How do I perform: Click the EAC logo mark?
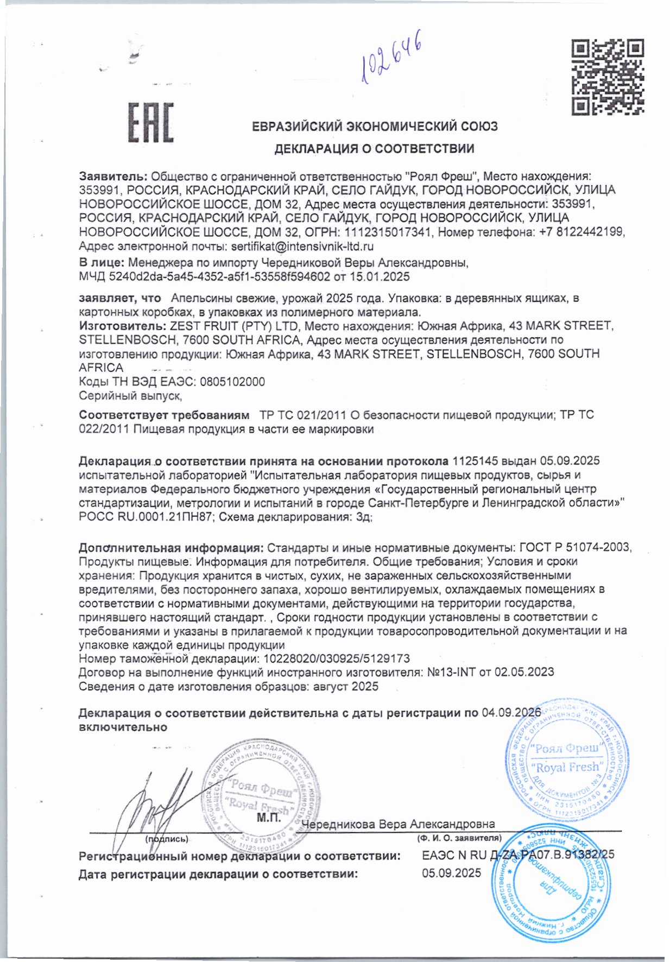click(x=151, y=122)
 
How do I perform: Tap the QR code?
click(x=609, y=77)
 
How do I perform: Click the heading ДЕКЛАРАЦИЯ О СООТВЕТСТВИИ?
click(x=374, y=149)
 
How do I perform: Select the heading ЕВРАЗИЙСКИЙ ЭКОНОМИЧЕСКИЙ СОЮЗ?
click(x=375, y=126)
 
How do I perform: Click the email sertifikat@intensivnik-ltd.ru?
click(x=302, y=246)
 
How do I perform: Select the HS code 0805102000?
click(x=232, y=382)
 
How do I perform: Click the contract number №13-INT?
click(x=451, y=672)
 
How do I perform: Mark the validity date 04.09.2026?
click(x=511, y=713)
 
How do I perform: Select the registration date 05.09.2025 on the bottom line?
click(x=451, y=873)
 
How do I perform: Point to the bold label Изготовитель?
click(x=122, y=326)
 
